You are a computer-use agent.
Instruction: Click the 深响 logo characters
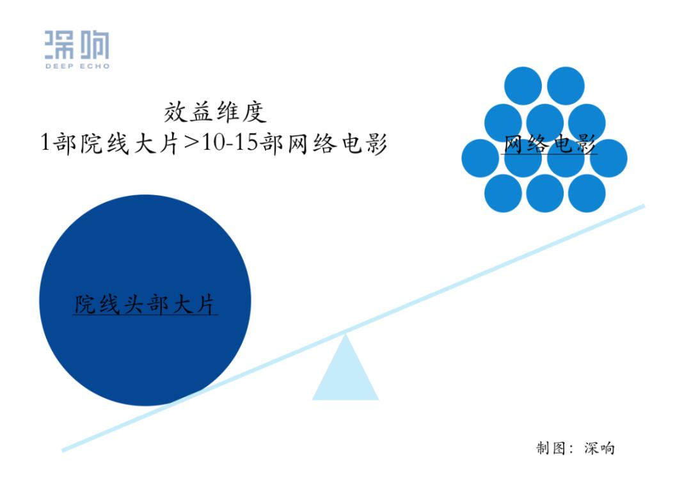(x=77, y=45)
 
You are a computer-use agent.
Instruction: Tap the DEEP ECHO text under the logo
(x=77, y=66)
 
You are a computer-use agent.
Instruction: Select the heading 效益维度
(x=215, y=112)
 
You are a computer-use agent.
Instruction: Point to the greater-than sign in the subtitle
(x=191, y=143)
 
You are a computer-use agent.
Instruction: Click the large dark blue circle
(x=145, y=300)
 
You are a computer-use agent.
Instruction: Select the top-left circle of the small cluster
(x=523, y=86)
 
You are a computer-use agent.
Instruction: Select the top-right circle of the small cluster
(x=566, y=86)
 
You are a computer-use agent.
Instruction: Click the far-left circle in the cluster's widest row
(x=481, y=158)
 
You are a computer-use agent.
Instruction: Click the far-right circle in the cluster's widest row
(x=608, y=158)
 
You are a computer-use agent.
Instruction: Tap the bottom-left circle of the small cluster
(x=503, y=193)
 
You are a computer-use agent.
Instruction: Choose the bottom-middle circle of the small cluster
(x=544, y=193)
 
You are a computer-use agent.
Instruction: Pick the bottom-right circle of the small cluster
(x=587, y=193)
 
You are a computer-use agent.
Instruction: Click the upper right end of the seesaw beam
(x=644, y=206)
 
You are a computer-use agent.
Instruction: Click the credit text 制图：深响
(x=575, y=448)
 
